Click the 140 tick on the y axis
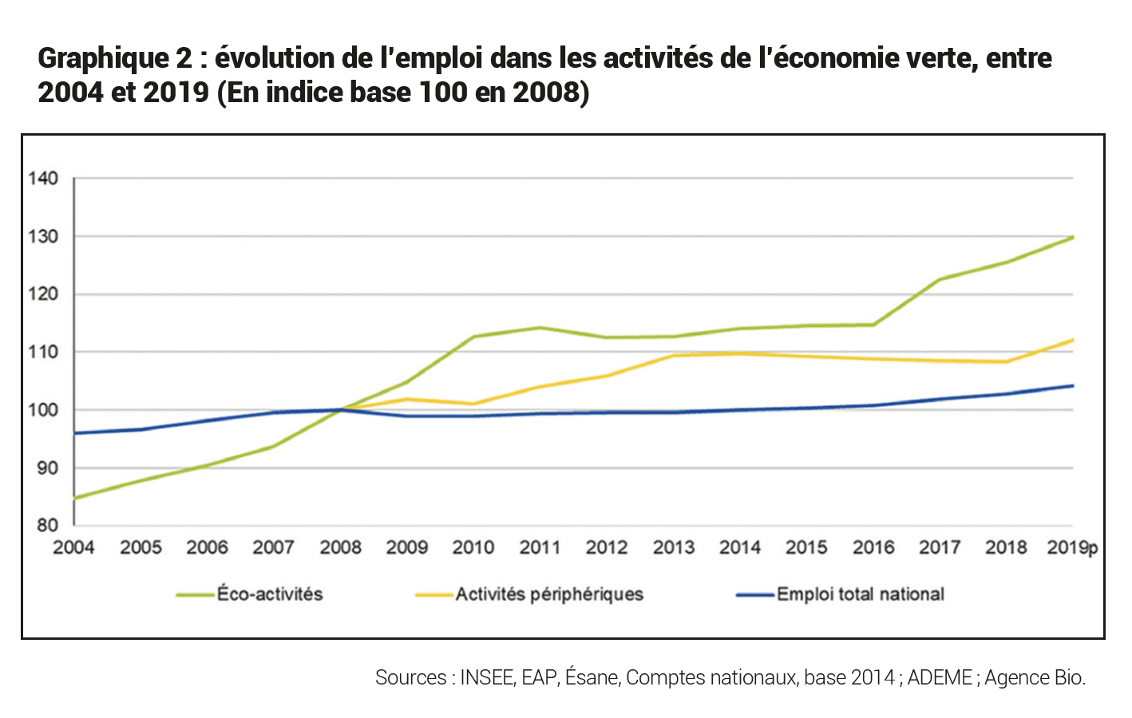pos(43,178)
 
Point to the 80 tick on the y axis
pos(47,525)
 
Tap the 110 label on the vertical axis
pos(43,352)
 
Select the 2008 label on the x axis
pos(340,548)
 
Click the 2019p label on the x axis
pos(1072,548)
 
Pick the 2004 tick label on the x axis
pos(73,548)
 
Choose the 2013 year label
pos(673,548)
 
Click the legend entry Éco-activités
pos(270,594)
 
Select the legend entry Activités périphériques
pos(549,594)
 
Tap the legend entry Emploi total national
pos(860,594)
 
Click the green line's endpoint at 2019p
pos(1073,237)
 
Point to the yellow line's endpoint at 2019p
pos(1073,340)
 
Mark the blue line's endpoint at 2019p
pos(1073,385)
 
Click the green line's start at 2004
pos(74,499)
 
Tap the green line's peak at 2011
pos(540,327)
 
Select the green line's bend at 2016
pos(873,325)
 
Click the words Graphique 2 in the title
pos(115,58)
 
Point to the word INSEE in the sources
pos(487,678)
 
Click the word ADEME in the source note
pos(940,678)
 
